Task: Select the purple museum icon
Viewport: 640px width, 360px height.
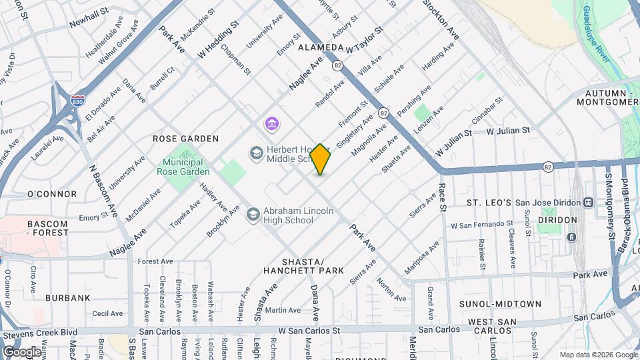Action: (271, 124)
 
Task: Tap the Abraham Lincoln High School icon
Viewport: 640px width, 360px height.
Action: (253, 215)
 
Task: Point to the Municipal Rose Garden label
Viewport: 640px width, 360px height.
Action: (183, 167)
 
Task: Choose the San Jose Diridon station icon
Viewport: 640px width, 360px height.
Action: (589, 203)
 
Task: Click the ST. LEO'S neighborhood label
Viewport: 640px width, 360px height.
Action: (489, 203)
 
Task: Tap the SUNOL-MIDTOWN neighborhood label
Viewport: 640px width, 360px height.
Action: (500, 304)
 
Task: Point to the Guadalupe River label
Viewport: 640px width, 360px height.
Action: (597, 33)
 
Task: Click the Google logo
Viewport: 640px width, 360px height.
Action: (22, 351)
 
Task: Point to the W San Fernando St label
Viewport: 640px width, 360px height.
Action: (482, 225)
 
